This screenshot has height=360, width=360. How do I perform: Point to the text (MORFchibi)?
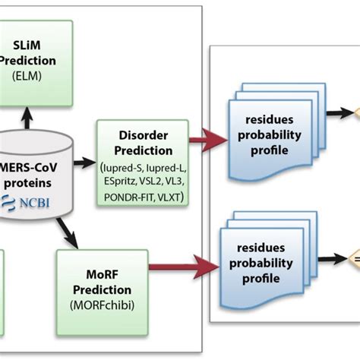(x=103, y=305)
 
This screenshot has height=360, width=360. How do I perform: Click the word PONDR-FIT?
(x=128, y=197)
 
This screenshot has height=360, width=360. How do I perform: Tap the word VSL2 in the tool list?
(x=160, y=183)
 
